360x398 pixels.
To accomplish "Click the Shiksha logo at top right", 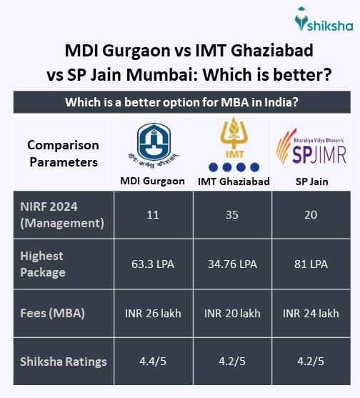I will coord(322,22).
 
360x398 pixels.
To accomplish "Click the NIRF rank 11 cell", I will coord(152,215).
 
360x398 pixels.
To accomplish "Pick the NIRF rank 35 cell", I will coord(234,215).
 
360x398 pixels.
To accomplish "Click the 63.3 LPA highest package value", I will coord(152,264).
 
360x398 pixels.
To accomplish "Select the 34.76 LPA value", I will coord(234,264).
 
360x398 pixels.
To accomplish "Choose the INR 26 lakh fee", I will coord(152,312).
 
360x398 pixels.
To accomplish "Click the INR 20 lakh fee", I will coord(234,312).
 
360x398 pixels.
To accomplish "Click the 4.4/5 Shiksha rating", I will coord(152,361).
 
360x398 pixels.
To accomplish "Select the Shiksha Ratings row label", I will coord(63,361).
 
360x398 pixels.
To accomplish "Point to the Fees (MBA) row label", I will coord(54,312).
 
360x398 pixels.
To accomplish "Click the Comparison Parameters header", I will coord(63,154).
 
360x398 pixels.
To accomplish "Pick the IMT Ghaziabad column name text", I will coord(234,181).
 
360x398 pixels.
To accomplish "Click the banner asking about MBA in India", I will coord(181,102).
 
